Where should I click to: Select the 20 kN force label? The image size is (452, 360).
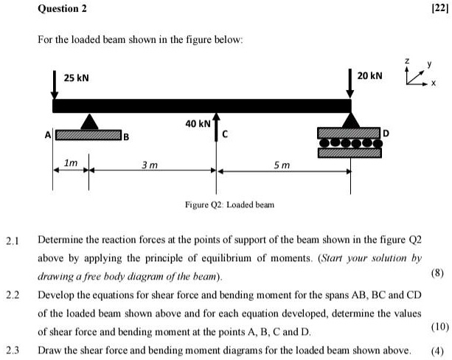tap(370, 77)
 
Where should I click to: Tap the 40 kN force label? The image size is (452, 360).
tap(197, 123)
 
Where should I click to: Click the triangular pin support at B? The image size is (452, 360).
tap(89, 122)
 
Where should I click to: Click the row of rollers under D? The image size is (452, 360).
tap(350, 143)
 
